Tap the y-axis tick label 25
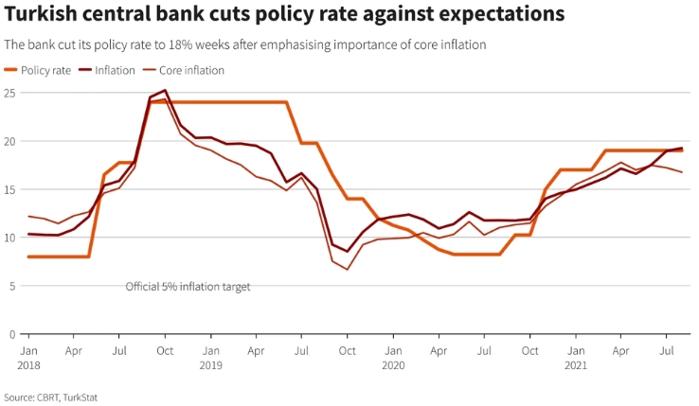[9, 93]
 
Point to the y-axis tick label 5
[11, 286]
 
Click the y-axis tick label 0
[11, 334]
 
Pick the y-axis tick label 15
[9, 189]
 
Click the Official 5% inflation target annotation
[188, 286]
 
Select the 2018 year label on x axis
[27, 363]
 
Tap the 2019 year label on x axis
[210, 363]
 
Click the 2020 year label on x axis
[393, 363]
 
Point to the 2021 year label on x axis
[575, 363]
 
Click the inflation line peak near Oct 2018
[165, 91]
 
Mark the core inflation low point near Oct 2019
[348, 270]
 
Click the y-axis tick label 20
[9, 141]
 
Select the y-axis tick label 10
[9, 238]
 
